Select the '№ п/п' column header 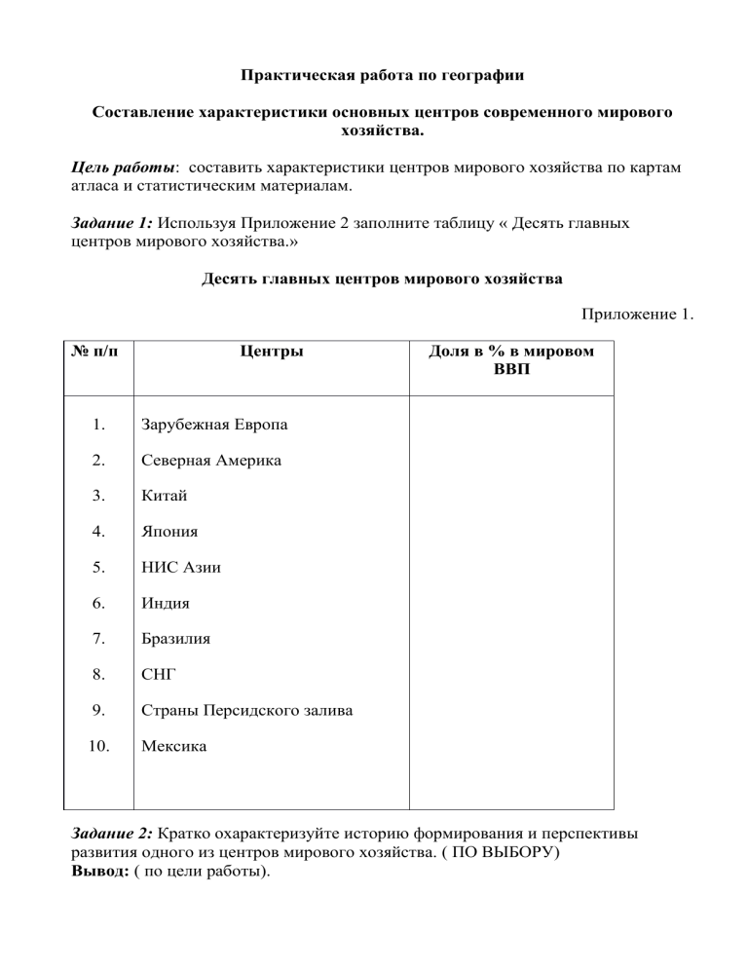pos(96,352)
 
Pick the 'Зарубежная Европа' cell pos(214,425)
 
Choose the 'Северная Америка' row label pos(211,461)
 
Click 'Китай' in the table pos(165,496)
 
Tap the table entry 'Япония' pos(169,532)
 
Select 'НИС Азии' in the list pos(181,568)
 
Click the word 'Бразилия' pos(175,640)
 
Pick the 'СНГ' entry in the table pos(158,675)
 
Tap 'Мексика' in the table pos(173,747)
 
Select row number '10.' pos(97,747)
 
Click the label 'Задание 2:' pos(114,835)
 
